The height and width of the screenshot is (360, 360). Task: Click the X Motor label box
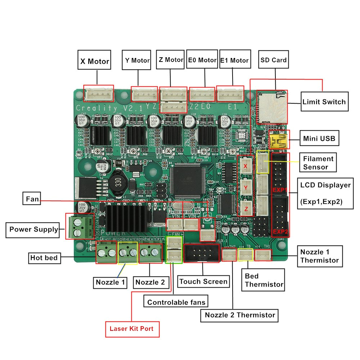pyautogui.click(x=95, y=61)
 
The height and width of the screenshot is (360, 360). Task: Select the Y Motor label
pyautogui.click(x=137, y=60)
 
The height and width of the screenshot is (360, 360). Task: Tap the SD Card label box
pyautogui.click(x=274, y=60)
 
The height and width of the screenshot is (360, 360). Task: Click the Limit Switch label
pyautogui.click(x=324, y=102)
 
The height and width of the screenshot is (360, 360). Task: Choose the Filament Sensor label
pyautogui.click(x=318, y=162)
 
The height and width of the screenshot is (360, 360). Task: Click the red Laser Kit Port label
pyautogui.click(x=132, y=328)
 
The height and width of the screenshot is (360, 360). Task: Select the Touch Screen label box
pyautogui.click(x=203, y=282)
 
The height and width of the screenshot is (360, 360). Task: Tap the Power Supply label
pyautogui.click(x=33, y=229)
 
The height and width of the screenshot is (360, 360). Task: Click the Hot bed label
pyautogui.click(x=44, y=258)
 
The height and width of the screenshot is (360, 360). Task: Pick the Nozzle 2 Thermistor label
pyautogui.click(x=240, y=315)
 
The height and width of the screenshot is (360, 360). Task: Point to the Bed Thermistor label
pyautogui.click(x=264, y=280)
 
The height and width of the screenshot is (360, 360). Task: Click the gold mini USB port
pyautogui.click(x=278, y=140)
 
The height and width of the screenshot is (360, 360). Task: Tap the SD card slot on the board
pyautogui.click(x=272, y=106)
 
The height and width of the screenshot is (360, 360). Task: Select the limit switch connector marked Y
pyautogui.click(x=246, y=188)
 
